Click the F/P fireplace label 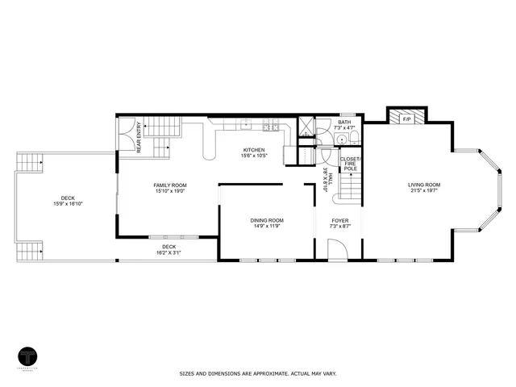pyautogui.click(x=406, y=119)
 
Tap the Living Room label pyautogui.click(x=424, y=185)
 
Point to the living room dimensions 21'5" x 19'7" pyautogui.click(x=424, y=192)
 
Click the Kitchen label pyautogui.click(x=255, y=150)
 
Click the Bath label pyautogui.click(x=344, y=123)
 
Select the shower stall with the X pyautogui.click(x=307, y=127)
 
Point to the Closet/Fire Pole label pyautogui.click(x=351, y=164)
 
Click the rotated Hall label pyautogui.click(x=328, y=177)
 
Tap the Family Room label pyautogui.click(x=170, y=185)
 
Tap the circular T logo pyautogui.click(x=28, y=356)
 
